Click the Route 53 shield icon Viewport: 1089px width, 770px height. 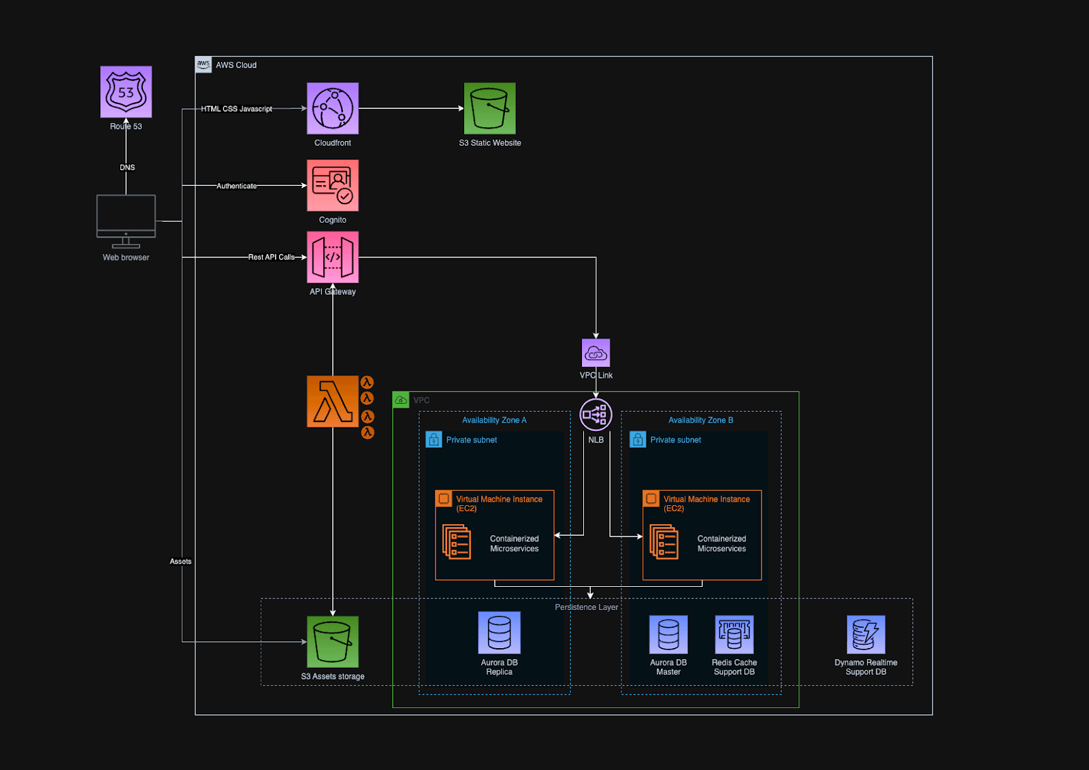126,92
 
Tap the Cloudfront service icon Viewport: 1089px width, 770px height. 332,108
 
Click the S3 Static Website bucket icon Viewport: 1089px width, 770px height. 489,108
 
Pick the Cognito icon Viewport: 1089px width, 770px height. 332,185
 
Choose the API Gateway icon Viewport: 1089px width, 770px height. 332,257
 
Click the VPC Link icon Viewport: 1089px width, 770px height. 596,353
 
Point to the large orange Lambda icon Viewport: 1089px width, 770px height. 332,401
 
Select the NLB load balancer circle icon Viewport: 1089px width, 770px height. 596,415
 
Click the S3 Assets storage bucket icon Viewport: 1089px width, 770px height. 332,641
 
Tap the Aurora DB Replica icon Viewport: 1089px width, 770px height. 499,632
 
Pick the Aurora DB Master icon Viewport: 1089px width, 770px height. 668,635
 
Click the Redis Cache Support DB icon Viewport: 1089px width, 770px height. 734,635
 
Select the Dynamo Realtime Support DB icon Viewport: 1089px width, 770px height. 866,635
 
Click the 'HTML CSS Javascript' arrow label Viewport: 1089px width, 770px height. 236,109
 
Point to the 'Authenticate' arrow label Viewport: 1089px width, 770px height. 236,186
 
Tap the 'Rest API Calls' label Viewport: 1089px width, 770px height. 271,257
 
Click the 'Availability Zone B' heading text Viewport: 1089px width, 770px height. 700,420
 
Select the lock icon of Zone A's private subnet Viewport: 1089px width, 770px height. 434,440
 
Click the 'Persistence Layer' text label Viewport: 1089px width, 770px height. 586,607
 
